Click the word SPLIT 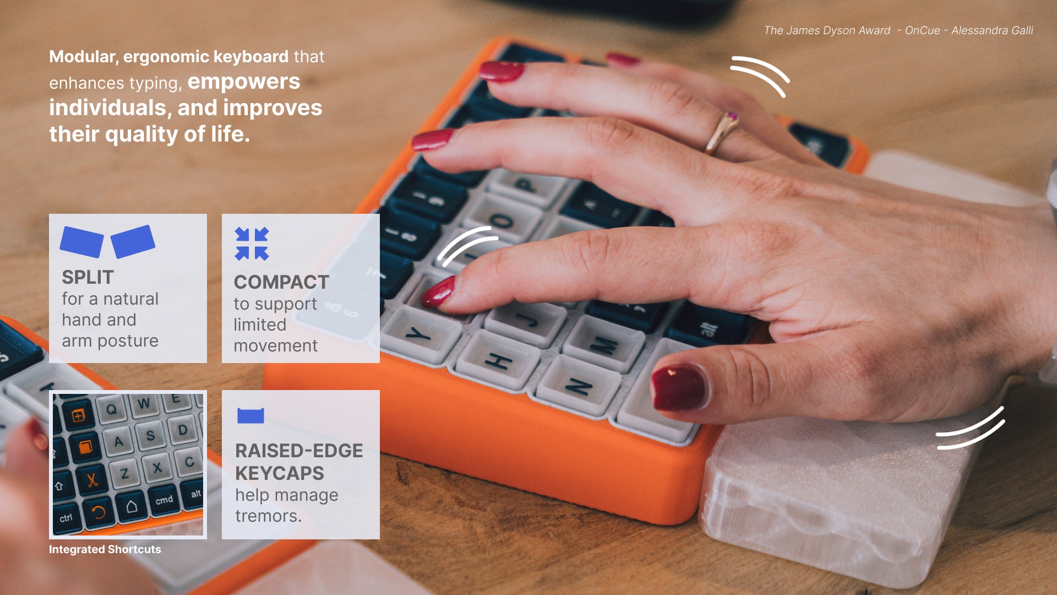[88, 277]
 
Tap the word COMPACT [281, 282]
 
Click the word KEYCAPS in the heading [279, 473]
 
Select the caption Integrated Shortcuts [105, 549]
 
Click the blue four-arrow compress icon [252, 243]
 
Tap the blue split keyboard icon [107, 241]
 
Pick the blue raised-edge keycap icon [250, 415]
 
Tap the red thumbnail [678, 388]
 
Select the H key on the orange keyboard [498, 361]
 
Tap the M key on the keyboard [603, 346]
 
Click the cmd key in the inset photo [164, 500]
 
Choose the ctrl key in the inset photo [66, 518]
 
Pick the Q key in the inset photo [112, 409]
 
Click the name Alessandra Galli [992, 31]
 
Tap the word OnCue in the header [922, 31]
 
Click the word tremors [268, 516]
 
